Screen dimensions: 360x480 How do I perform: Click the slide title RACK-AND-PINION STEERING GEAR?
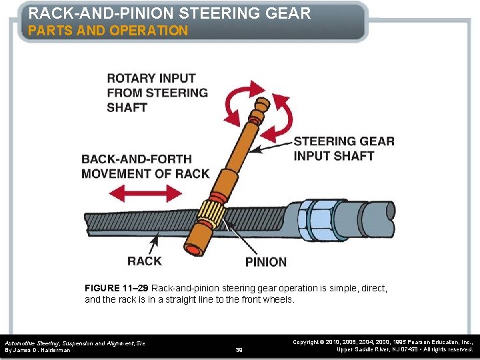[x=169, y=13]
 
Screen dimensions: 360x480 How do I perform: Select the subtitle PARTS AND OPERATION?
[x=108, y=31]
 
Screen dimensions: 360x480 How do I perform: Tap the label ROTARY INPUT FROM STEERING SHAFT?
[x=157, y=93]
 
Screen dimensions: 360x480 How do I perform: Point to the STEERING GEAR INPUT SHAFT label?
[x=344, y=148]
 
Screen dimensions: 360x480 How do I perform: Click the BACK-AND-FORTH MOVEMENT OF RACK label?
[x=145, y=166]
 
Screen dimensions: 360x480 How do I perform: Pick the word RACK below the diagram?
[x=145, y=261]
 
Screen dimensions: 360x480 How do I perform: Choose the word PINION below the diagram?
[x=266, y=262]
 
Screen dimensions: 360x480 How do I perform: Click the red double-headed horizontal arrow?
[x=146, y=194]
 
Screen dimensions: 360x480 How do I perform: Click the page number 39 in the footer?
[x=240, y=349]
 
